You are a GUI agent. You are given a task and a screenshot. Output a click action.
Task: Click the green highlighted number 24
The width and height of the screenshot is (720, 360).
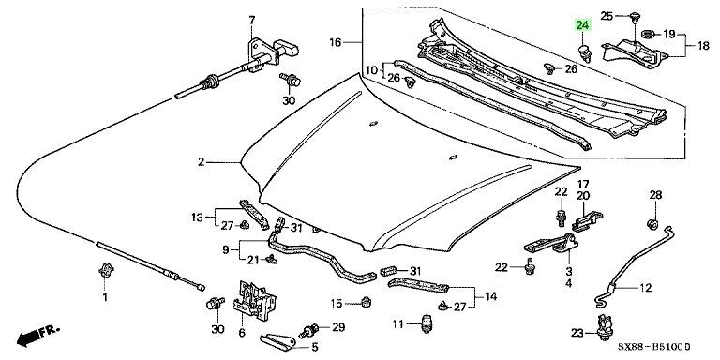click(582, 25)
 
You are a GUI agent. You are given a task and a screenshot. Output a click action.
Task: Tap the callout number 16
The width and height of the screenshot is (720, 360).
click(336, 43)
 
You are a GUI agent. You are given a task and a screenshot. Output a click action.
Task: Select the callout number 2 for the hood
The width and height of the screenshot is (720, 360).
click(202, 162)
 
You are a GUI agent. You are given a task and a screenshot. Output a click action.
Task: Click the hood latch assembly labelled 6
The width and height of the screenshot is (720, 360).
click(254, 301)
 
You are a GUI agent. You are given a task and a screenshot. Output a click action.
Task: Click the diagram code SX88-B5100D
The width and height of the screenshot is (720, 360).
click(653, 347)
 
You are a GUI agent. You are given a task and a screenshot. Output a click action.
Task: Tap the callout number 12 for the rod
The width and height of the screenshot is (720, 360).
click(645, 288)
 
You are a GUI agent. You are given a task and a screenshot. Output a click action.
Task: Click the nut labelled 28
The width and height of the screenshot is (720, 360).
click(653, 225)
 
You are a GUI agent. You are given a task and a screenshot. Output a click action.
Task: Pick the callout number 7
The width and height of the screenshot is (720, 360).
click(251, 21)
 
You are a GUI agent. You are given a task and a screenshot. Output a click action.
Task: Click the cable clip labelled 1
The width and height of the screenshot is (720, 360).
click(106, 270)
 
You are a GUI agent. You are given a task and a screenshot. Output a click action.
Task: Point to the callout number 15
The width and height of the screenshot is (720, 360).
click(337, 304)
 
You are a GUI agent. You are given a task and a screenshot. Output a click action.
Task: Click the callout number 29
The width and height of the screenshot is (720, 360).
click(338, 327)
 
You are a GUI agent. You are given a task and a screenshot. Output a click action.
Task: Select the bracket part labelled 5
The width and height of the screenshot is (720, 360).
click(277, 340)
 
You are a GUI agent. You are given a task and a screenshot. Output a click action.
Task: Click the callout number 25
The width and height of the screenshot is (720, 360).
click(607, 16)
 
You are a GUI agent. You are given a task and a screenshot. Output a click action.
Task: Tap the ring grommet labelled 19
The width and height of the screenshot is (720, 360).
click(649, 34)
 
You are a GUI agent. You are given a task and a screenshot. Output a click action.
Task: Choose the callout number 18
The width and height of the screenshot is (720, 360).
click(703, 46)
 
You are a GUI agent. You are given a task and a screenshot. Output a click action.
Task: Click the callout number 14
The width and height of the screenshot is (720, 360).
click(490, 296)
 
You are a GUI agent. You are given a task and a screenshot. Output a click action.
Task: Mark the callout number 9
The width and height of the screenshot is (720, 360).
click(225, 250)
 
